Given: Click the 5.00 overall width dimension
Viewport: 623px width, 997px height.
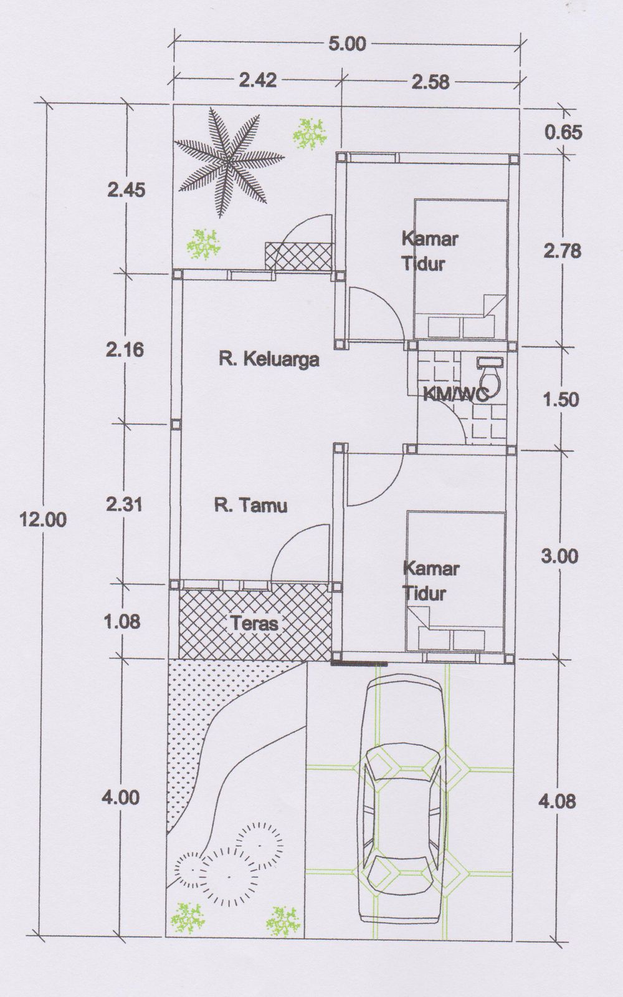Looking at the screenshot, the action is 347,44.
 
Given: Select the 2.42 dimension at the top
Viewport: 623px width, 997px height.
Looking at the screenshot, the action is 258,80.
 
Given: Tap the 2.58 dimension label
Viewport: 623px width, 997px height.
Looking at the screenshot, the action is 430,82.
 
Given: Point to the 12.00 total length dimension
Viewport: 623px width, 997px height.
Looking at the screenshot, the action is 43,519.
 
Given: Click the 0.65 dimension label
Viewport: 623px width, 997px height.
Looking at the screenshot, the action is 563,132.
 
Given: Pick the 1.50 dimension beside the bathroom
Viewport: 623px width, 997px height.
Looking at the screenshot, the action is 561,400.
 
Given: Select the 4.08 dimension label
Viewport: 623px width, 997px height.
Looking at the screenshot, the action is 557,801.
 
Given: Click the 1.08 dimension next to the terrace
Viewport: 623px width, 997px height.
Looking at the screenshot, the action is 122,622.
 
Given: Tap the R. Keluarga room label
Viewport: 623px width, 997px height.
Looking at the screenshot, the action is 269,359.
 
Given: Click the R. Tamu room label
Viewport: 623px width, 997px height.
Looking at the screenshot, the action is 251,505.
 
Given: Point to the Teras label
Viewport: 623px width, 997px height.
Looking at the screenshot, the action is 254,623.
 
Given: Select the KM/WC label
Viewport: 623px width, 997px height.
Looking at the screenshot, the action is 456,394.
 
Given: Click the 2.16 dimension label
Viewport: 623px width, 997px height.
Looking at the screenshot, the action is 125,350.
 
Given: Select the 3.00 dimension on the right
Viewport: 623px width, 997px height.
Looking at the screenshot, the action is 559,556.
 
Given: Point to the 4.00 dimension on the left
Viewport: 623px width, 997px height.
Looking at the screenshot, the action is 120,797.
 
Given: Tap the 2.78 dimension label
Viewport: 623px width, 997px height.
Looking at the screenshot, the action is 562,251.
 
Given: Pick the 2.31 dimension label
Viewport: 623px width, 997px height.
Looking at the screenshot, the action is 124,504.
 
